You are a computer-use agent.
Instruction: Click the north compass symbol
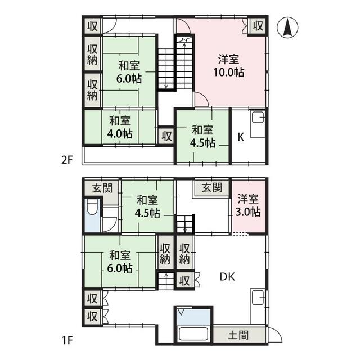point(287,28)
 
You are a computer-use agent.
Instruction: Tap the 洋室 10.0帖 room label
point(229,66)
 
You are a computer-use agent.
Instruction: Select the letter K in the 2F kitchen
point(241,137)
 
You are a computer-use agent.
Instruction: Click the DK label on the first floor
point(227,277)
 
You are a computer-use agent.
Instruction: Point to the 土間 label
point(238,335)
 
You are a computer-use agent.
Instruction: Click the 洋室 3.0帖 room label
point(248,205)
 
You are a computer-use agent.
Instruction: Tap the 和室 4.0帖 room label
point(120,127)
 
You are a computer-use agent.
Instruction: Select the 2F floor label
point(67,160)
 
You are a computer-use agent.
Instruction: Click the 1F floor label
point(67,340)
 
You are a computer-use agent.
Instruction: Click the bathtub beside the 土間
point(193,334)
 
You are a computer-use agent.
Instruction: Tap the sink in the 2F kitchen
point(258,117)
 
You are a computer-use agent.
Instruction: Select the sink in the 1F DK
point(258,298)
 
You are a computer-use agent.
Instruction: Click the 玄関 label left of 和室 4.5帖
point(102,188)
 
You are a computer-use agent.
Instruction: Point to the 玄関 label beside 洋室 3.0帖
point(212,187)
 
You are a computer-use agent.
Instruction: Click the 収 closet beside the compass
point(258,26)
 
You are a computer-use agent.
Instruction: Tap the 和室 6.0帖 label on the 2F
point(129,72)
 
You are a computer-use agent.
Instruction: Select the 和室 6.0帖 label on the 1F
point(120,261)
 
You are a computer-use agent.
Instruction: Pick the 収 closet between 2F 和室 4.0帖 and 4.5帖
point(166,136)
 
